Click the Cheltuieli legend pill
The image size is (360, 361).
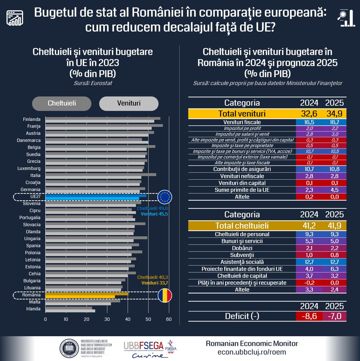[62, 103]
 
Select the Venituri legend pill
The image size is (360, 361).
[129, 103]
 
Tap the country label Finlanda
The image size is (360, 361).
[32, 119]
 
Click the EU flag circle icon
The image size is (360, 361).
[165, 196]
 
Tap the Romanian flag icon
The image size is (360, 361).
[165, 296]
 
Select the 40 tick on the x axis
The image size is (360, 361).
[128, 319]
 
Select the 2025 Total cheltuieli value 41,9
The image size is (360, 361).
[335, 226]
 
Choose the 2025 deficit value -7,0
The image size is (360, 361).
[335, 316]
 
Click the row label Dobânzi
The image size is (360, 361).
[242, 248]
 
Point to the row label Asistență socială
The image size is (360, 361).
[242, 262]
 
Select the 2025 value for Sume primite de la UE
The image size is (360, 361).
[335, 190]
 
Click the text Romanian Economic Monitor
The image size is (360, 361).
[252, 344]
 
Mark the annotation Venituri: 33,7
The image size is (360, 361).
[154, 283]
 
